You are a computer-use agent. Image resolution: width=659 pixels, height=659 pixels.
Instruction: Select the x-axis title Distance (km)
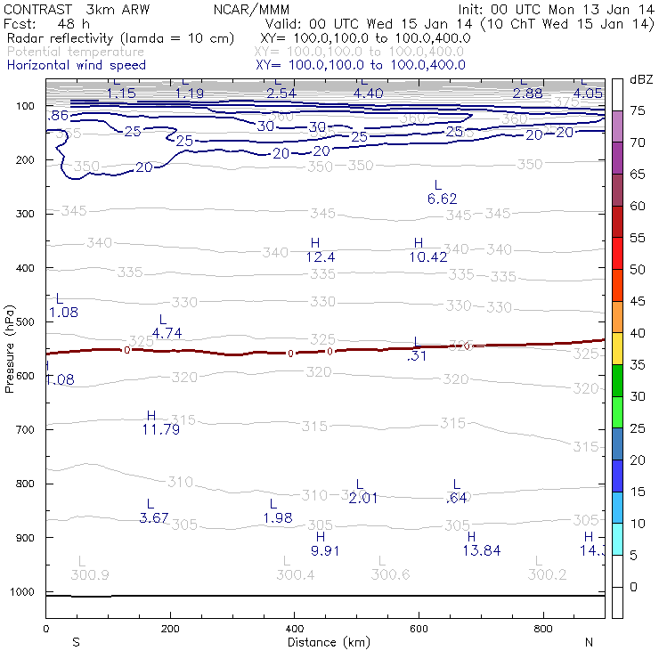point(329,642)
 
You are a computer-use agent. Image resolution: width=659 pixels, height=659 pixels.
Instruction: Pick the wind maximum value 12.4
point(320,257)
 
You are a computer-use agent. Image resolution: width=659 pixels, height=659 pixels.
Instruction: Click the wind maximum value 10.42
point(428,257)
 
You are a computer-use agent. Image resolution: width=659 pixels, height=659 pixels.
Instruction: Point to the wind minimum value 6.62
point(442,199)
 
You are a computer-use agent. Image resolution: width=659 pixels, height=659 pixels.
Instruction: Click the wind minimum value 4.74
point(167,333)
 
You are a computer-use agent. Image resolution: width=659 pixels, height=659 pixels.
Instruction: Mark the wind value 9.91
point(326,550)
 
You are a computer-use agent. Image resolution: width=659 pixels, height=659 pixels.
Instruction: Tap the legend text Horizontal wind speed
point(76,65)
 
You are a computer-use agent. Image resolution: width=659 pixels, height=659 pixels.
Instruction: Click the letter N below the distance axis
point(589,642)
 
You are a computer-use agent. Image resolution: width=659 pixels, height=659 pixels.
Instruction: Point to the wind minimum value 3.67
point(154,517)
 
